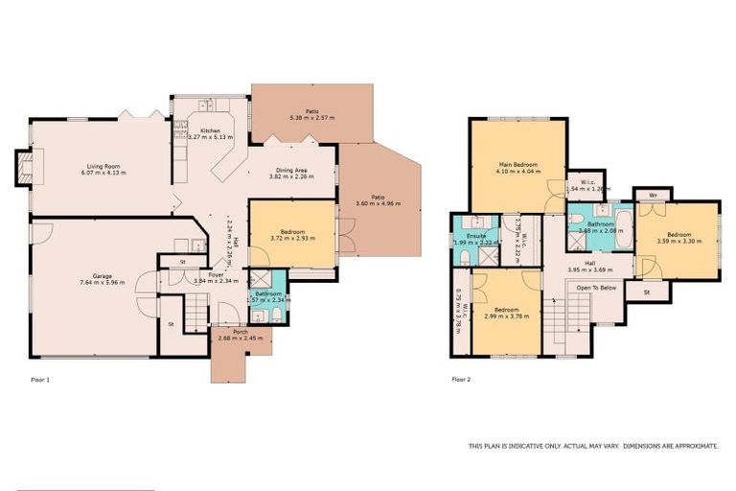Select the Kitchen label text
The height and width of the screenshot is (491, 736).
(x=210, y=130)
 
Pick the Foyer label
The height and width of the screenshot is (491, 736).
(x=202, y=274)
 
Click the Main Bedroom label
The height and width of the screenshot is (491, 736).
(x=518, y=164)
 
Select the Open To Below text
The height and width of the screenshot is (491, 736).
(x=595, y=287)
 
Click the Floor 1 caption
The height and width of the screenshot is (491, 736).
(x=40, y=380)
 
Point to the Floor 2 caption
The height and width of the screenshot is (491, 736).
(x=461, y=380)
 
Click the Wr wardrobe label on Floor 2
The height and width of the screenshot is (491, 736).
(x=652, y=195)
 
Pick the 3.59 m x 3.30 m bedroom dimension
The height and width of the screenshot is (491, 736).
(x=678, y=240)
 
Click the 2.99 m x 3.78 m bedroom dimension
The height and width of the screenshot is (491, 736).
(x=505, y=316)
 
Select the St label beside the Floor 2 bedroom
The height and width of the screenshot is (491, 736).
(x=647, y=292)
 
